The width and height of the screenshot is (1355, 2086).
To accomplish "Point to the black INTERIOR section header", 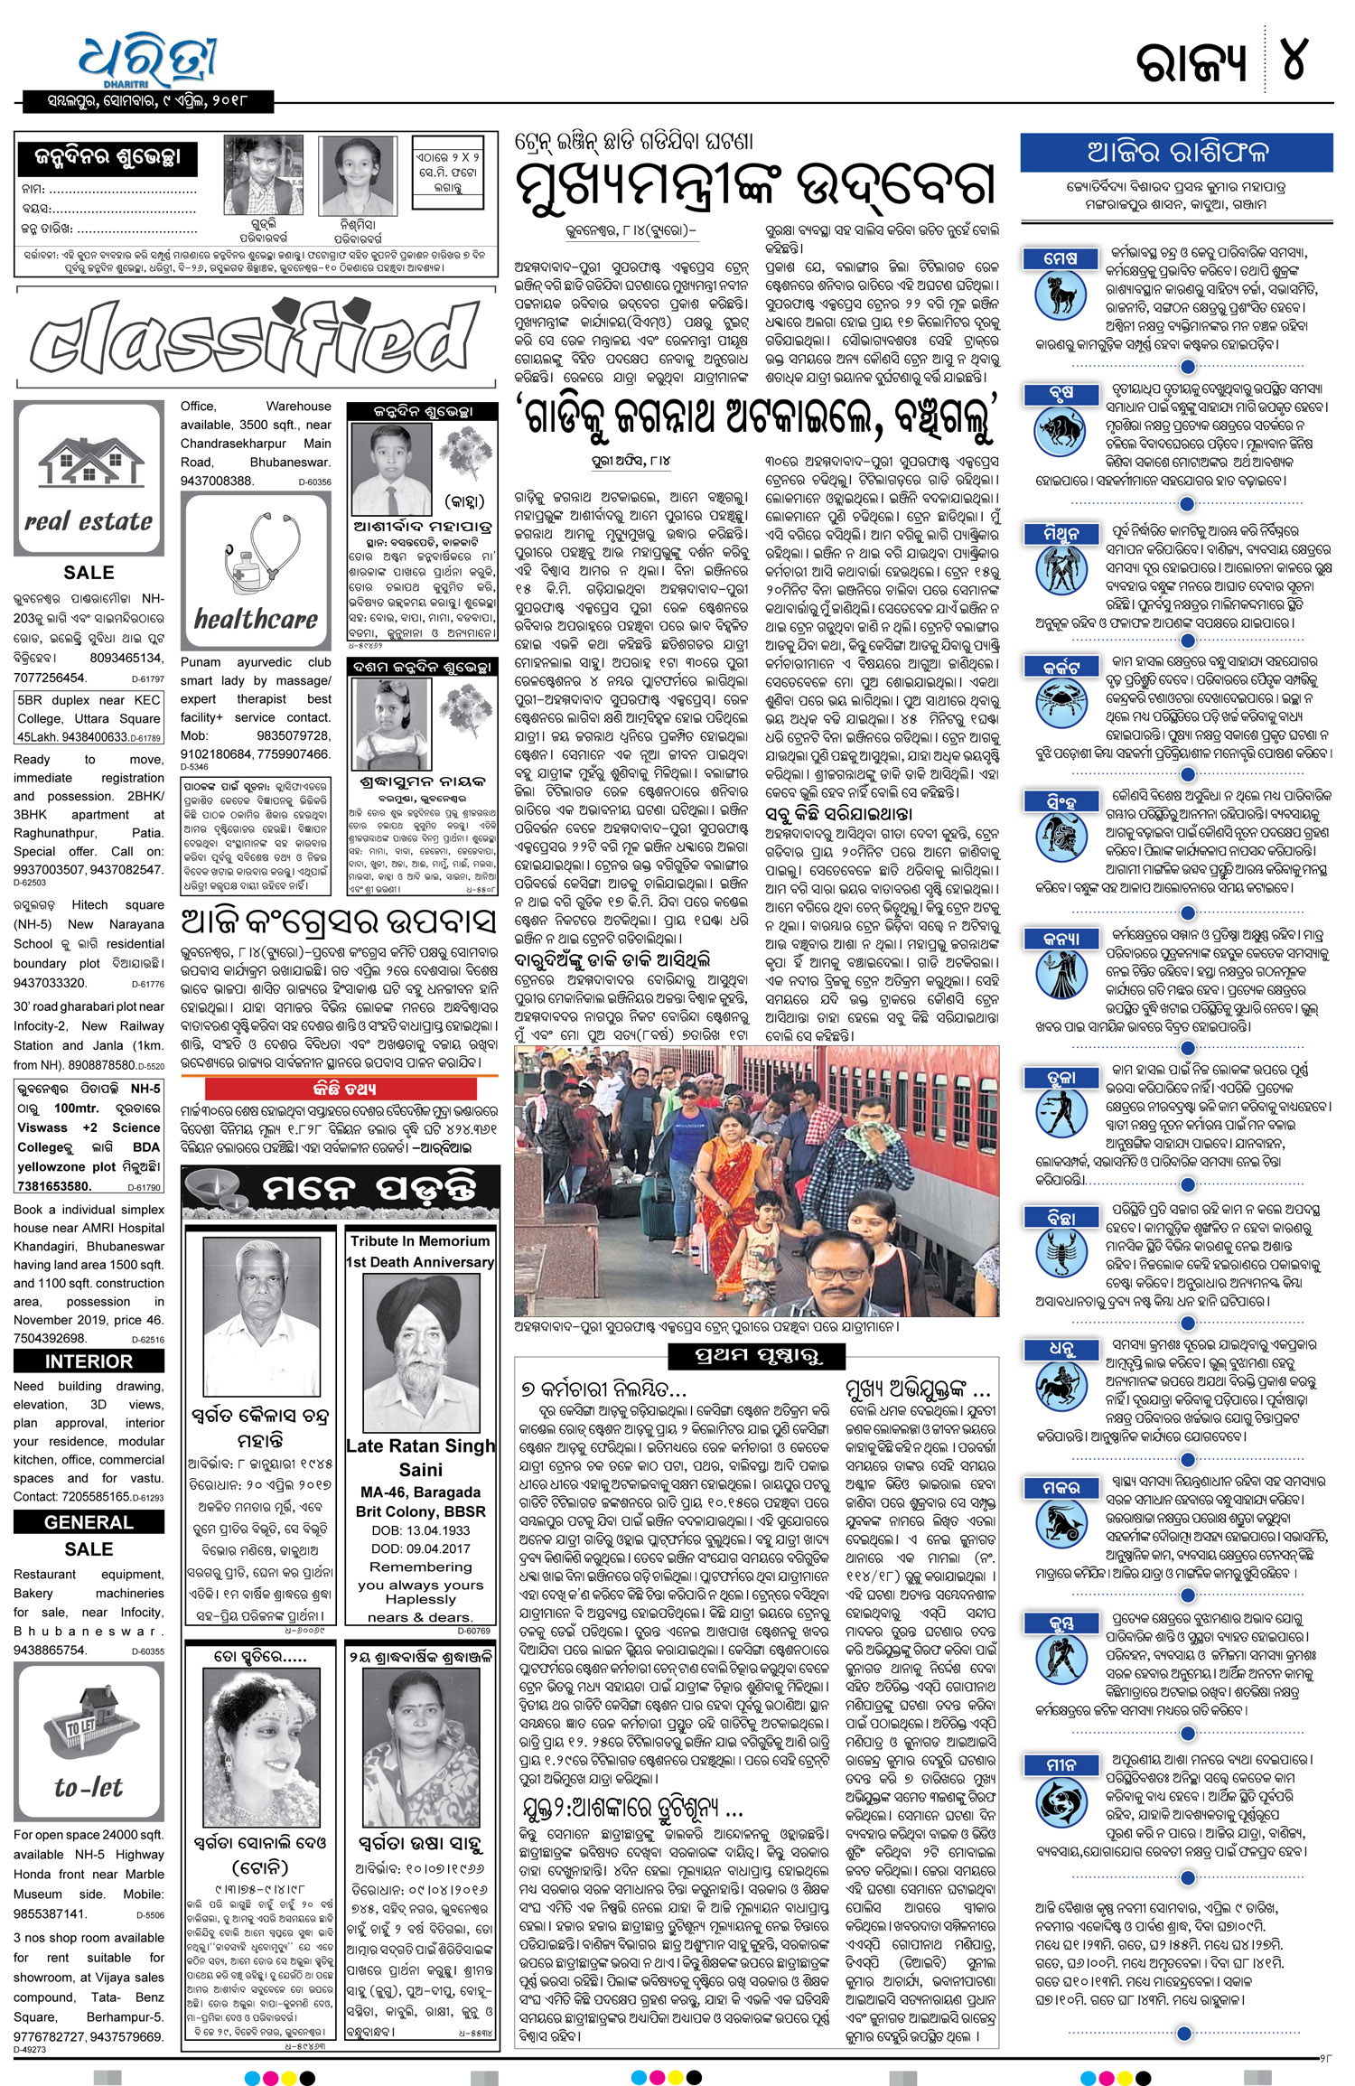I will [89, 1361].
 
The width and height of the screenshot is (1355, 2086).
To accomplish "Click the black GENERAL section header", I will [89, 1522].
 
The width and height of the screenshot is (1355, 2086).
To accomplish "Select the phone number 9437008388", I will [217, 481].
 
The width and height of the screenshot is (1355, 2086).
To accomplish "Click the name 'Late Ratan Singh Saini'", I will [421, 1457].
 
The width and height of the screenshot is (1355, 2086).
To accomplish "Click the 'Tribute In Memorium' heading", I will [420, 1241].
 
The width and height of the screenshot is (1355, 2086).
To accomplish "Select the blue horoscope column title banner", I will [1176, 152].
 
